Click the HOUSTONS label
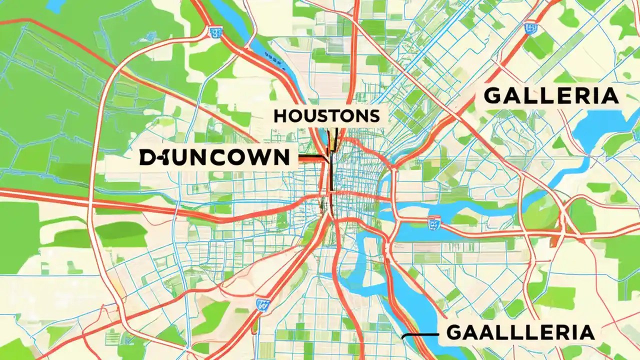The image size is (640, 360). click(326, 116)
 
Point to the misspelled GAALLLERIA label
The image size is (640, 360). click(520, 332)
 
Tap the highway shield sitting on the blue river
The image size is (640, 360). click(433, 222)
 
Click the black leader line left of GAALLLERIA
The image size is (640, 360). click(419, 334)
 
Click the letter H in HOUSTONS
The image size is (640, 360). click(280, 116)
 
